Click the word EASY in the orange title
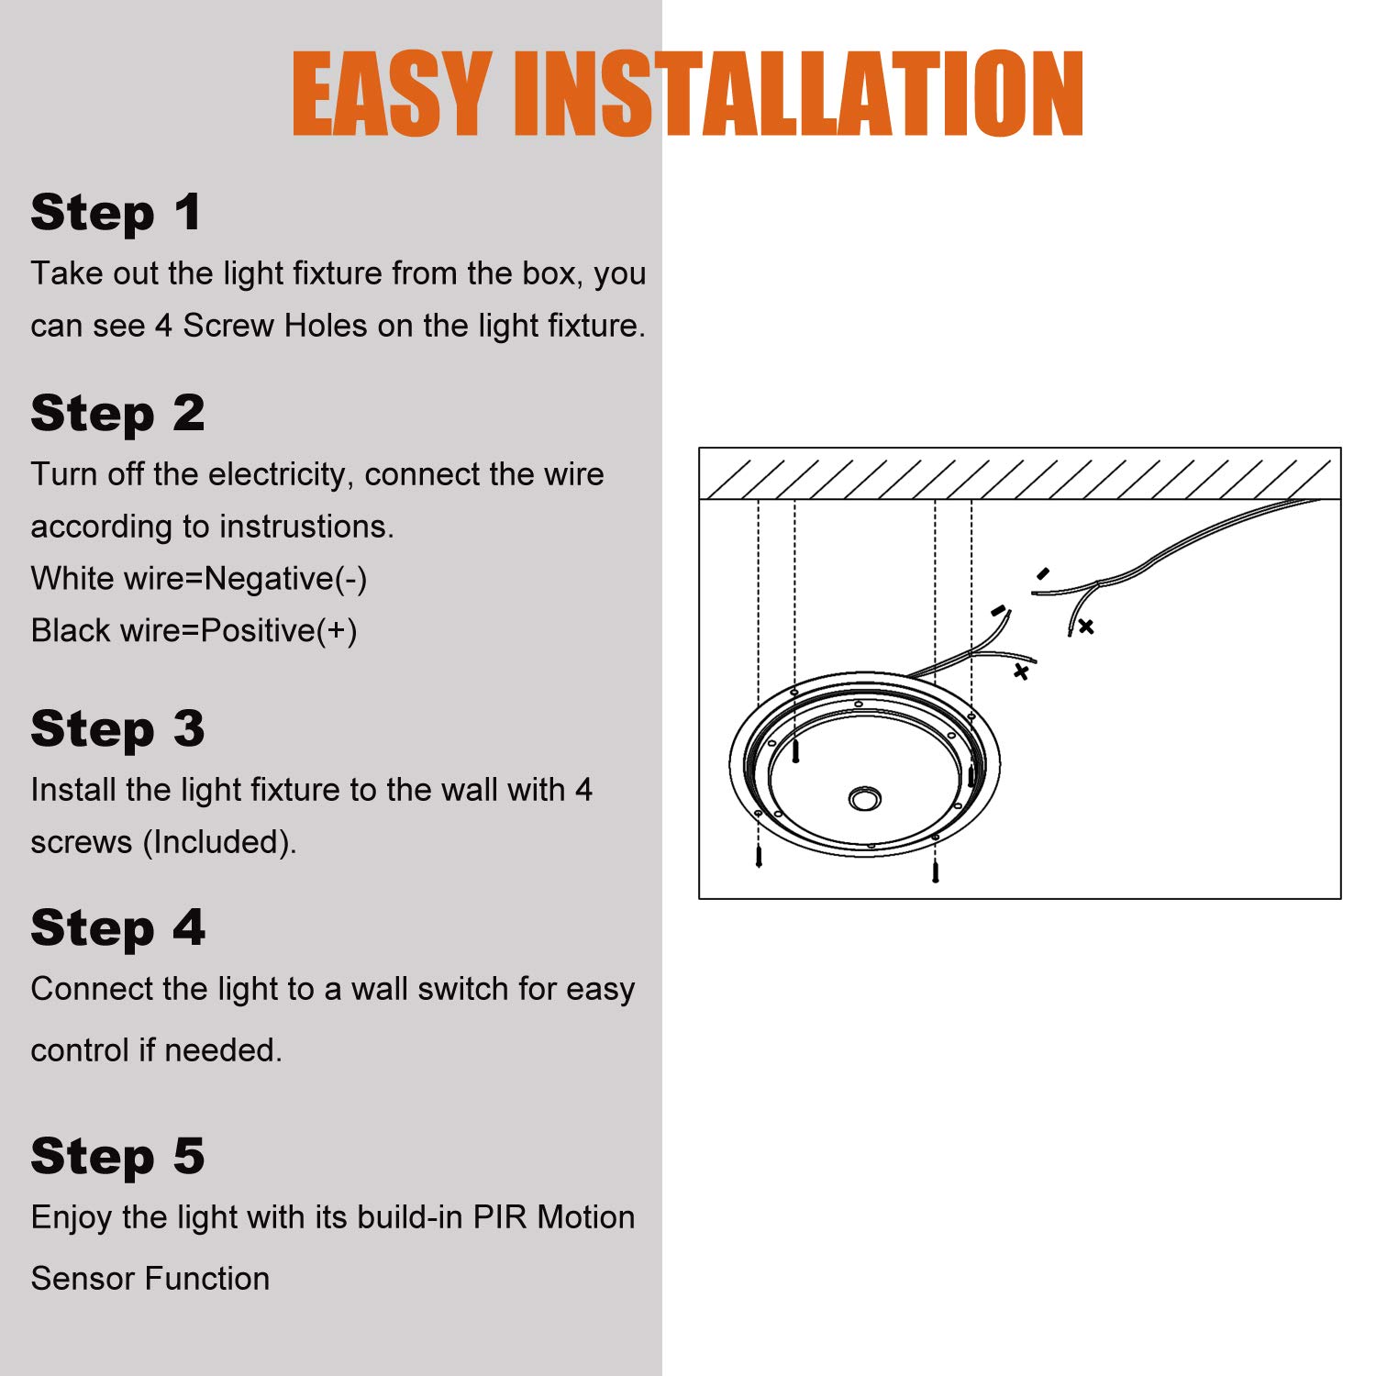[x=391, y=93]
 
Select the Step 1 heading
[x=116, y=214]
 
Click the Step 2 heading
[x=117, y=414]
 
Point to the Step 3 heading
[x=117, y=729]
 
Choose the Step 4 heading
[x=117, y=928]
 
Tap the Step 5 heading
[x=117, y=1157]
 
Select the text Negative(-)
[x=285, y=580]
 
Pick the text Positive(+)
[x=279, y=632]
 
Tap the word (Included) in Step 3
[x=219, y=843]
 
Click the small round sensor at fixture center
[x=864, y=799]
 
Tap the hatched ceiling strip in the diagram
[x=1020, y=473]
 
